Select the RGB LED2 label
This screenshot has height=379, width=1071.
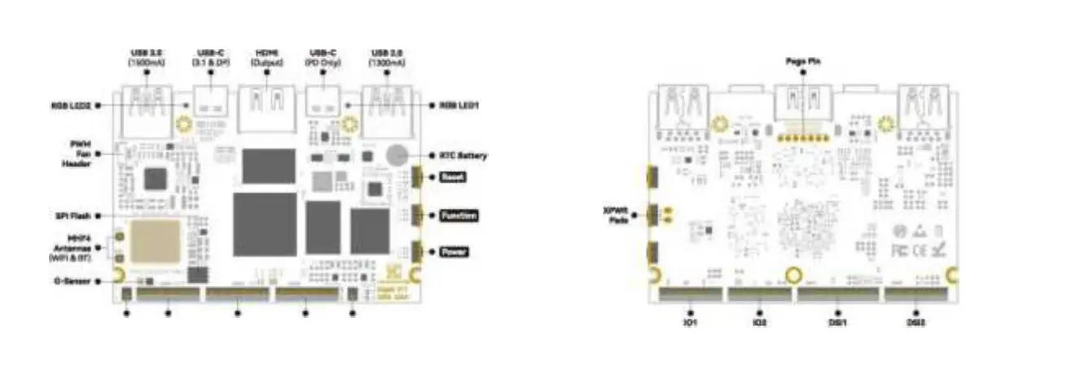click(71, 105)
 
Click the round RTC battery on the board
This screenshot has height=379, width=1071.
click(397, 156)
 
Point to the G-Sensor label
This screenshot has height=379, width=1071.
click(72, 282)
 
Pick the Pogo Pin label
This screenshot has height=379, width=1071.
click(802, 61)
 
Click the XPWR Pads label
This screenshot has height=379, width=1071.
click(616, 216)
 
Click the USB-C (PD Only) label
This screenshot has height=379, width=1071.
click(323, 56)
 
